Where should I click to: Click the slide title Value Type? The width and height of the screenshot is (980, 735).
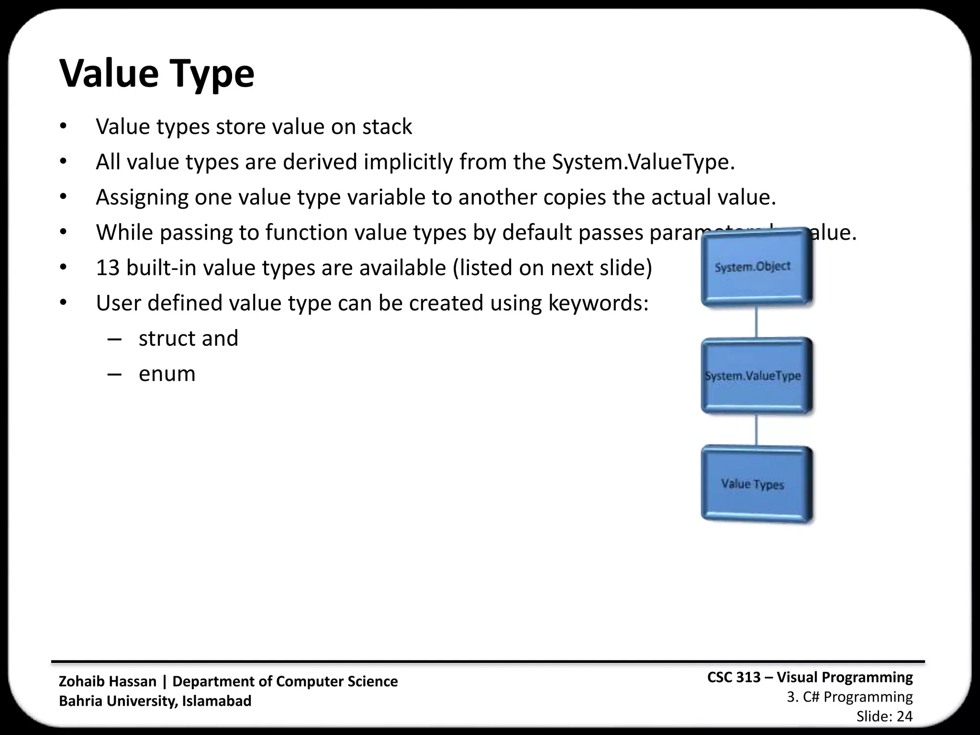156,74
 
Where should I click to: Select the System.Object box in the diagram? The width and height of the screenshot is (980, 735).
756,267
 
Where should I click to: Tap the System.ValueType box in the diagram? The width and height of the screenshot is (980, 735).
756,376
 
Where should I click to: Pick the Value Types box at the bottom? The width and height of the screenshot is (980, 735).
756,484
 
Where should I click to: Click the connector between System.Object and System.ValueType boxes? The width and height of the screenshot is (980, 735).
756,322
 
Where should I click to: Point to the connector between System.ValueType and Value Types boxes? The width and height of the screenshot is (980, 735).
756,430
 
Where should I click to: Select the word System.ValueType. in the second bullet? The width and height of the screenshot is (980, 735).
643,162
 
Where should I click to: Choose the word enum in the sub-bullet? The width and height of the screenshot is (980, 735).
167,374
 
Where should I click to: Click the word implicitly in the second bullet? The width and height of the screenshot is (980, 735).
408,162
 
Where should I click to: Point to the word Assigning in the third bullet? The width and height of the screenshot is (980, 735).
142,198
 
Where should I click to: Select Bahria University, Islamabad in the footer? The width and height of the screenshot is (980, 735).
155,701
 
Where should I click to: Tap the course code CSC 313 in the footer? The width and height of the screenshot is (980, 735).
734,678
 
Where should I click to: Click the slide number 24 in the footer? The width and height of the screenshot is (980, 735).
904,716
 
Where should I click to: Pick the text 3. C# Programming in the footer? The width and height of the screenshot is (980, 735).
849,697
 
